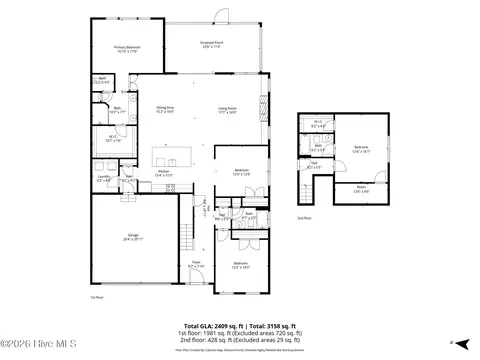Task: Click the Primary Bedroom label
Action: coord(126,48)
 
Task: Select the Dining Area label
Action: coord(166,109)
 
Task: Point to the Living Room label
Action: coord(227,109)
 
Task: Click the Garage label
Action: coord(133,239)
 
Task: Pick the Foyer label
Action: coord(196,265)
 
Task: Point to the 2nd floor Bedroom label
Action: coord(361,148)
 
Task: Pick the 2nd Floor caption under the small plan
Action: coord(304,217)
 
